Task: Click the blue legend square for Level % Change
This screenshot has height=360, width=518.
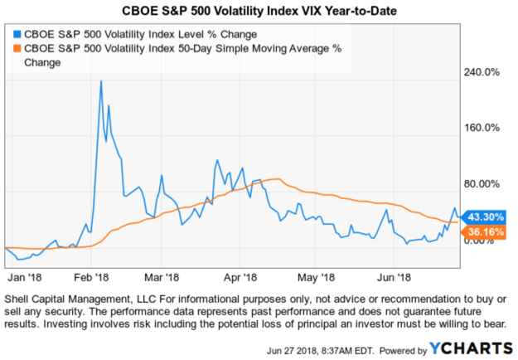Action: point(16,35)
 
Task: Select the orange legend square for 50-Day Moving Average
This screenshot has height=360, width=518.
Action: point(16,49)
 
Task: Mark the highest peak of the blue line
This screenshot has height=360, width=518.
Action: point(100,81)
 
